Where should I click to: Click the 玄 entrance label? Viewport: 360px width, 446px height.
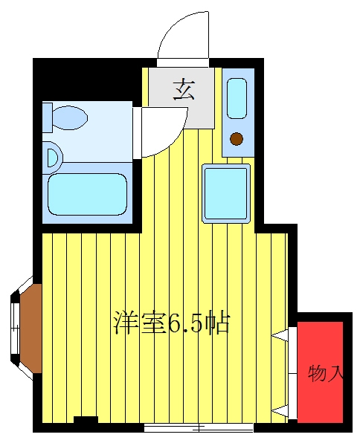184,90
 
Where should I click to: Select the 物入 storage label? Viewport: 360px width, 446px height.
325,373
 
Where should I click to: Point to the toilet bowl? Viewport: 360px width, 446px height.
70,117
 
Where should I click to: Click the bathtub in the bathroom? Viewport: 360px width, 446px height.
87,194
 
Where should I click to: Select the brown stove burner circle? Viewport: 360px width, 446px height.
237,139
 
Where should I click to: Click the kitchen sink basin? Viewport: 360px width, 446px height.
237,98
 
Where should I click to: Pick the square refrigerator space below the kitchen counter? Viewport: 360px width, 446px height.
226,193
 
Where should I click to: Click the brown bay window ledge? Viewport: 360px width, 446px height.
31,329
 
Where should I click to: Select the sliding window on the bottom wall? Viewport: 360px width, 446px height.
199,427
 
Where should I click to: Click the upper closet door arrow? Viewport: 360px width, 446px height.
280,336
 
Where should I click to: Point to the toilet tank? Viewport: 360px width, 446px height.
48,117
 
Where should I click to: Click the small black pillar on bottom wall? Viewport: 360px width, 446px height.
86,420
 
